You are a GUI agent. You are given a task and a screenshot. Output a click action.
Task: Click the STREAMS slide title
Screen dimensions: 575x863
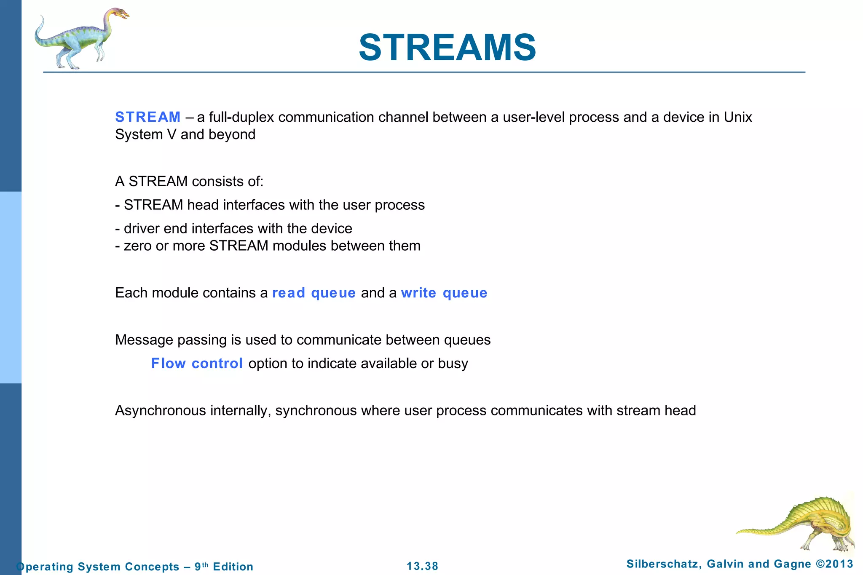447,48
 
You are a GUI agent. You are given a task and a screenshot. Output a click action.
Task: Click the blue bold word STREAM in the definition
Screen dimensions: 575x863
148,117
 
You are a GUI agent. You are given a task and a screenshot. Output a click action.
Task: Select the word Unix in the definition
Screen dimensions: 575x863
737,117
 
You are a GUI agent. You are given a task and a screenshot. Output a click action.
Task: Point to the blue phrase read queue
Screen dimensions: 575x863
314,293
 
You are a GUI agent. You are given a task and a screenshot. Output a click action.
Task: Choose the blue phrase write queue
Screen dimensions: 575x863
444,293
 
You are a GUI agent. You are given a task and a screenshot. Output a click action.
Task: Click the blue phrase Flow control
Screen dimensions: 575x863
197,363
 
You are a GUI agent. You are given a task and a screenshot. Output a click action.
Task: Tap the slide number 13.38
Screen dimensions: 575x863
422,566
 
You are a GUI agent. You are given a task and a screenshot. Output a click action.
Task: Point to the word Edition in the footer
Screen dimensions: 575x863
233,567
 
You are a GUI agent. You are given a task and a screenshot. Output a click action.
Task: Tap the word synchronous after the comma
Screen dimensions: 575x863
316,410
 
